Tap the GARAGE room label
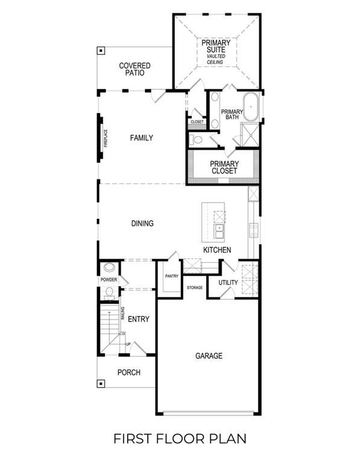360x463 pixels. (209, 356)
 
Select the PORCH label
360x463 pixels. (128, 373)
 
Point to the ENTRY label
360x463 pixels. (139, 319)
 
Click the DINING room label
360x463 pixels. (142, 224)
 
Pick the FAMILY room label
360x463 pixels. (142, 138)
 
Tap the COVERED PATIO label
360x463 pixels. (134, 69)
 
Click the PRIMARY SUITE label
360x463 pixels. (215, 46)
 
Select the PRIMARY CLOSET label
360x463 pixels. (224, 167)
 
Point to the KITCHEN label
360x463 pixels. (217, 250)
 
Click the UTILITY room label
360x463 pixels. (228, 283)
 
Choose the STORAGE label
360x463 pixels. (194, 288)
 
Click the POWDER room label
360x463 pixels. (109, 280)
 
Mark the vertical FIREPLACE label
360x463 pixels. (106, 139)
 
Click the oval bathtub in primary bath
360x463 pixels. (251, 106)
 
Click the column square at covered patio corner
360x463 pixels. (102, 50)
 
